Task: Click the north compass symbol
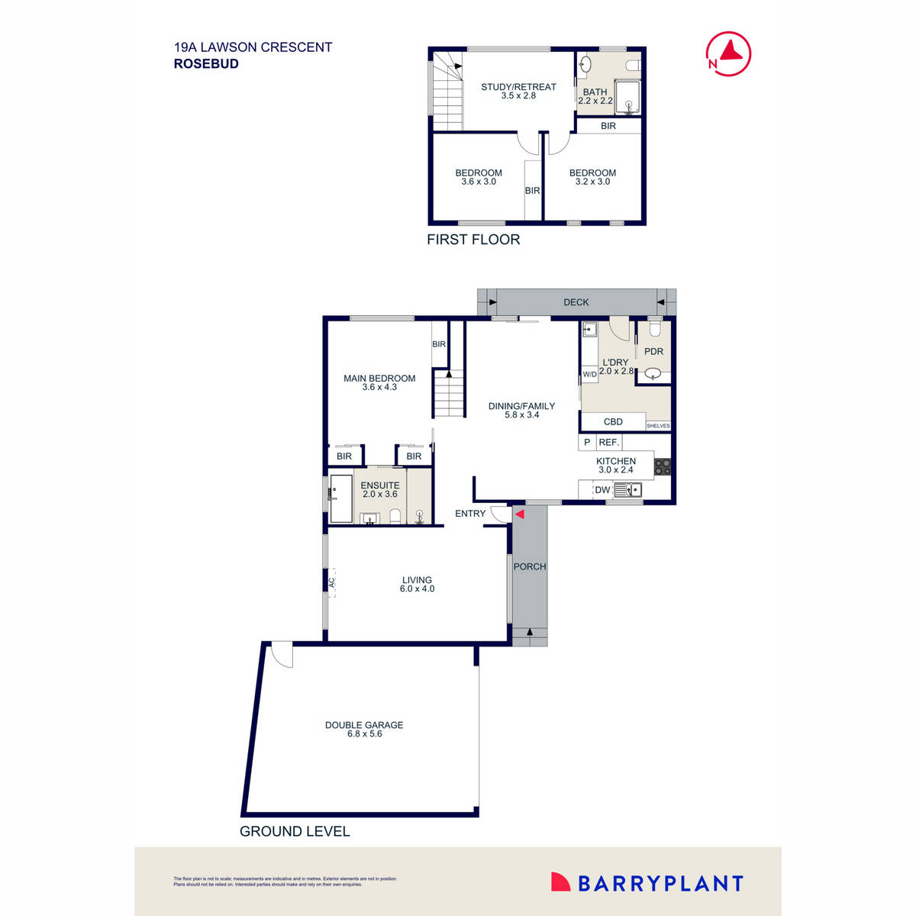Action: (729, 53)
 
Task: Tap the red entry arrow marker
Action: (519, 514)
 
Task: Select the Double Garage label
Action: (364, 725)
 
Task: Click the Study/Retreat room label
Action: (518, 87)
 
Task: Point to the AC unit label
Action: (332, 582)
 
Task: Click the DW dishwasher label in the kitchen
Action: (602, 490)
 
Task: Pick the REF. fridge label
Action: (609, 443)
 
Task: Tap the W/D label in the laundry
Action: (589, 375)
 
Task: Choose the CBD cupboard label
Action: (613, 421)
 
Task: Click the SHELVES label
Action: (658, 426)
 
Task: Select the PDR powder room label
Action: (653, 352)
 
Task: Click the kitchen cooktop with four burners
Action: (662, 466)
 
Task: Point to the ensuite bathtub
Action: (341, 498)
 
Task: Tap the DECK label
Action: (576, 302)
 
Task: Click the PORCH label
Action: (530, 566)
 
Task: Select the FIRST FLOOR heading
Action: (473, 240)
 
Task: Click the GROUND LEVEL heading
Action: (295, 831)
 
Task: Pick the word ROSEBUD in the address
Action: (206, 64)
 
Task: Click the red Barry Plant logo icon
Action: (561, 882)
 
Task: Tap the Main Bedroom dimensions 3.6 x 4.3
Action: (379, 387)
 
